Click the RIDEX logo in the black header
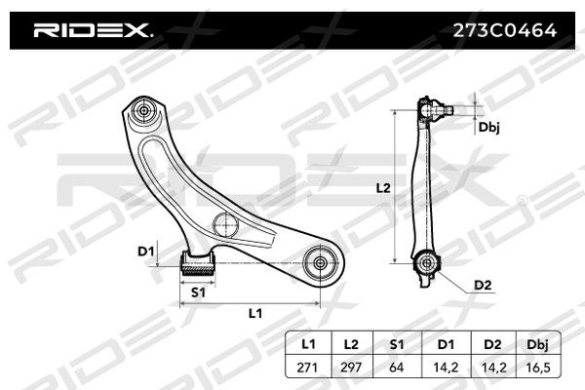[93, 30]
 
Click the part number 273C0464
[505, 30]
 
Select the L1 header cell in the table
[308, 344]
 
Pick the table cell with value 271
[308, 368]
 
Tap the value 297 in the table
[351, 368]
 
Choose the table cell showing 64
[396, 368]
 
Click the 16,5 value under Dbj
[538, 368]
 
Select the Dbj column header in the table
[538, 344]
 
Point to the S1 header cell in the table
[396, 344]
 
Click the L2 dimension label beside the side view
[383, 188]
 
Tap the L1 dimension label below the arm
[255, 314]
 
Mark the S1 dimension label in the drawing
[198, 292]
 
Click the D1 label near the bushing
[146, 252]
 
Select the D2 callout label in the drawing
[483, 286]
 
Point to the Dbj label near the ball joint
[488, 128]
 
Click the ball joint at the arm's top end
[143, 111]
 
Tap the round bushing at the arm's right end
[320, 263]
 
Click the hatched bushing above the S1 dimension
[198, 263]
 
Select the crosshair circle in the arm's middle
[226, 224]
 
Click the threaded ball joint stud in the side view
[445, 110]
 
